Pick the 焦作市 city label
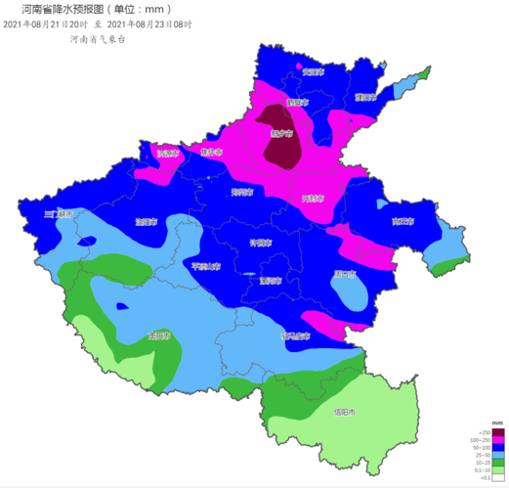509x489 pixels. [x=211, y=153]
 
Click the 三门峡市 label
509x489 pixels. [x=59, y=213]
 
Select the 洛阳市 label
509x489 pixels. [x=147, y=221]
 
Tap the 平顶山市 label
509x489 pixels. [x=205, y=265]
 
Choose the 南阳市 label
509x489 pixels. [x=159, y=335]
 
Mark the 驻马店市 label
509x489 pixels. [x=294, y=335]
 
